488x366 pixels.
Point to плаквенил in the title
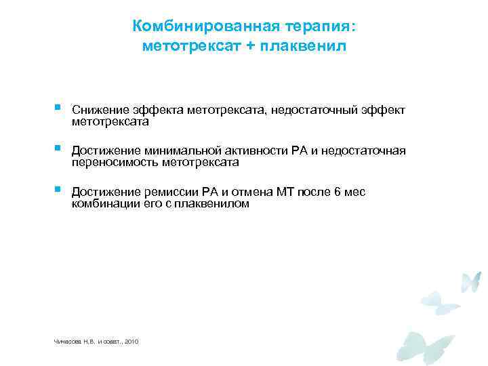tap(304, 47)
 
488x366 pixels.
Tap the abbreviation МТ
tap(284, 192)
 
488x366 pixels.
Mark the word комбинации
tap(103, 203)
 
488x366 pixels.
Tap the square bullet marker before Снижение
tap(58, 108)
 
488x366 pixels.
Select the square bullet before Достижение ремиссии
tap(58, 189)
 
